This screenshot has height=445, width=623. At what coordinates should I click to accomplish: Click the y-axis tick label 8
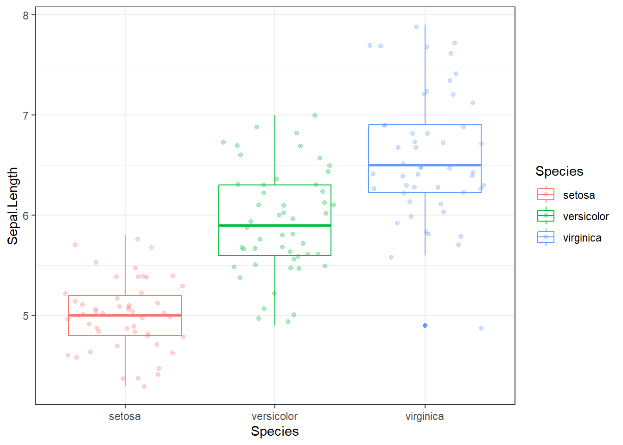[25, 15]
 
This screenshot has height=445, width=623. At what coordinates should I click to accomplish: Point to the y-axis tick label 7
[25, 115]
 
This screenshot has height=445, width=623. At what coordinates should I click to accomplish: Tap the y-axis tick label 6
[25, 215]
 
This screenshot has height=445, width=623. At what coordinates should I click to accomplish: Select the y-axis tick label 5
[25, 316]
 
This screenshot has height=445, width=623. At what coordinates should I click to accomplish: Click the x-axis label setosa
[125, 416]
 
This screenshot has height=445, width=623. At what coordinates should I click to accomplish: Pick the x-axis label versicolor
[274, 416]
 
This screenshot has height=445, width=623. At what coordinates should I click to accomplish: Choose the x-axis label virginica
[425, 416]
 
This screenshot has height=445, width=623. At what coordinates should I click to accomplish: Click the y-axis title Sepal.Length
[13, 206]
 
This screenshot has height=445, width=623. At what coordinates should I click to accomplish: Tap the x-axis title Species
[274, 431]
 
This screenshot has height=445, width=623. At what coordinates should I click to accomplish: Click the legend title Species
[559, 171]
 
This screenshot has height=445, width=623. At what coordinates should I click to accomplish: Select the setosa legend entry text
[578, 195]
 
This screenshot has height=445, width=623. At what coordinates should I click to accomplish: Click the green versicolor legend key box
[546, 216]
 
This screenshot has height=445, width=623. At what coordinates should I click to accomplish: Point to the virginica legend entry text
[582, 238]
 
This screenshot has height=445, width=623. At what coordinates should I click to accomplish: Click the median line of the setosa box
[125, 315]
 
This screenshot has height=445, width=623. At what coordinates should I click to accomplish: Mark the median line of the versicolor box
[274, 225]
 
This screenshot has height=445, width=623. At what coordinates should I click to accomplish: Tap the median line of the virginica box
[425, 165]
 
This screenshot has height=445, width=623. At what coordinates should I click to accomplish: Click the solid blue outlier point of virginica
[425, 325]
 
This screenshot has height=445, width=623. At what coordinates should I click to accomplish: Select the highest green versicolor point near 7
[315, 115]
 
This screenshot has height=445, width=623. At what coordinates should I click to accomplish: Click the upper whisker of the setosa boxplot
[125, 264]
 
